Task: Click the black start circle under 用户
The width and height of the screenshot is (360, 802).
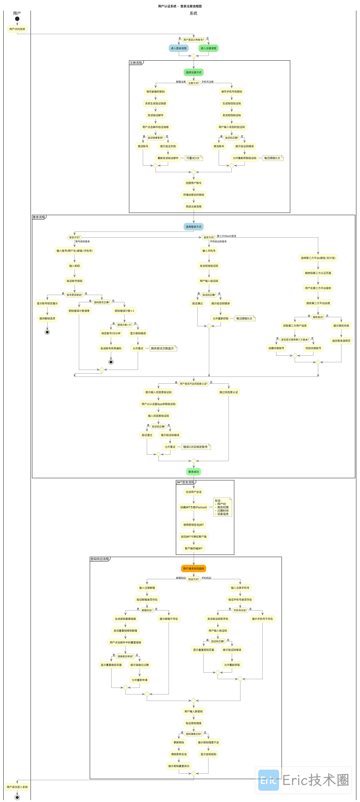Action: click(17, 19)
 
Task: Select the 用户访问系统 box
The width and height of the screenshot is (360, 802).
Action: click(17, 29)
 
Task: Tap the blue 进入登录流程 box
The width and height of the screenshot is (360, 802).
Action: click(178, 48)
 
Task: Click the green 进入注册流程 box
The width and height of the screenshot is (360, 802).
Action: click(209, 48)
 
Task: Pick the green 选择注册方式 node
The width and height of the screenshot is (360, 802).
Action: click(194, 72)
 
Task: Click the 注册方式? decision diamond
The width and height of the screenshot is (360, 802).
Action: click(194, 83)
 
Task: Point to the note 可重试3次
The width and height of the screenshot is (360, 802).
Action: click(193, 158)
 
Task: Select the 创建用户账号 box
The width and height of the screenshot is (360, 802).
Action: click(194, 183)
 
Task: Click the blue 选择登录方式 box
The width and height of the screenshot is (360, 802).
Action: click(194, 227)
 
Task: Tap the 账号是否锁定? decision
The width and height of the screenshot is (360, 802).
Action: click(74, 295)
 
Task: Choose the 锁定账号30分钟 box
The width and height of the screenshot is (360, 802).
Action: click(111, 333)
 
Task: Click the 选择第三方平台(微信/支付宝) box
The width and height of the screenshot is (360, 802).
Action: click(318, 258)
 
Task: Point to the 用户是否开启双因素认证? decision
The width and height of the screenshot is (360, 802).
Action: click(194, 383)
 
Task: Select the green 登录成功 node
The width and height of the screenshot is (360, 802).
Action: click(194, 472)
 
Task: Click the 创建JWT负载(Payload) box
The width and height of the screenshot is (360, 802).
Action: click(194, 507)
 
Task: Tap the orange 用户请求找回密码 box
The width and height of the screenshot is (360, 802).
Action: click(194, 568)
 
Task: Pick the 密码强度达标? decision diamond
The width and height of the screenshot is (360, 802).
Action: click(194, 734)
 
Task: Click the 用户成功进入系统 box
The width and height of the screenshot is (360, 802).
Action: click(17, 787)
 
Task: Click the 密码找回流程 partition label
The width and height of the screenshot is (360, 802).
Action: click(100, 559)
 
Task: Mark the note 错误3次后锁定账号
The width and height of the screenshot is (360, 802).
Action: click(195, 447)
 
